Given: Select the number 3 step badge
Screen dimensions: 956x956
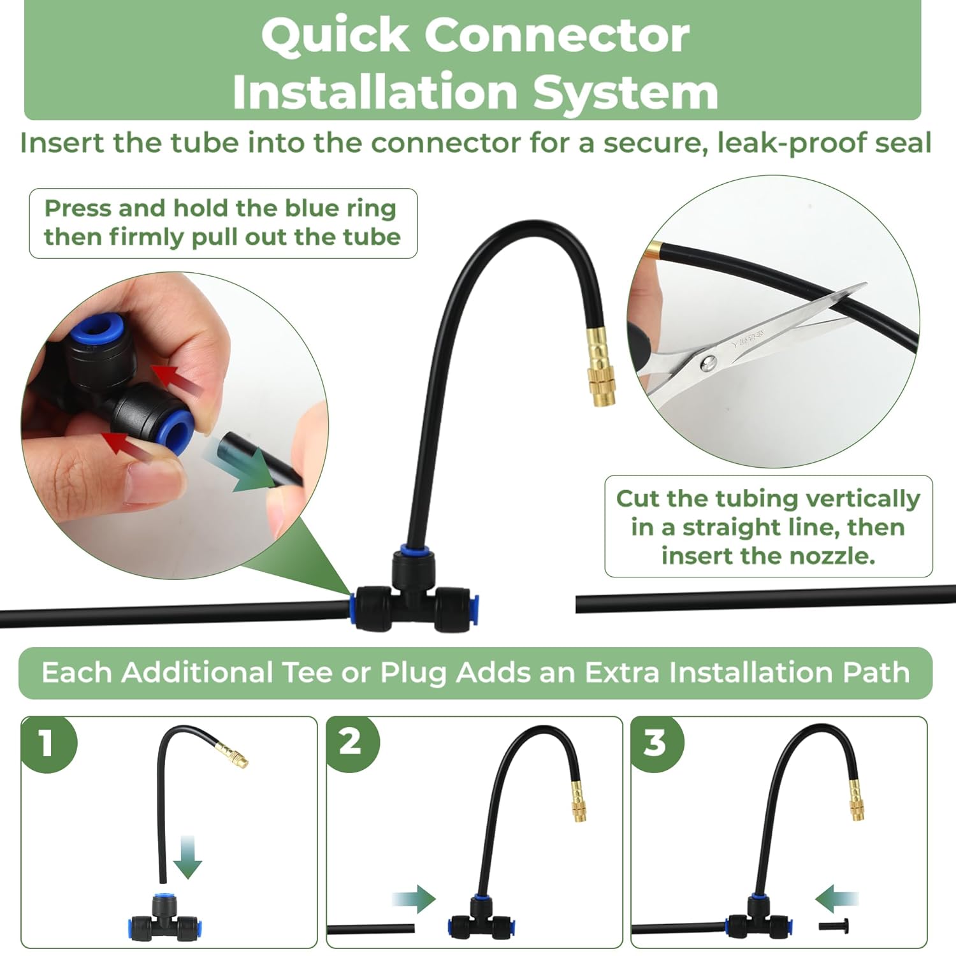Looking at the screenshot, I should [655, 742].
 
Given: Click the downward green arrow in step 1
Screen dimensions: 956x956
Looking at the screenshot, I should [187, 858].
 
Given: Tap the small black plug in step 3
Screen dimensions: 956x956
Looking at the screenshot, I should [826, 925].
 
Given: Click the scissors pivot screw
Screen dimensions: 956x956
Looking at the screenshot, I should [708, 364].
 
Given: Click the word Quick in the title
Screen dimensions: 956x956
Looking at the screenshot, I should [335, 36].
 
